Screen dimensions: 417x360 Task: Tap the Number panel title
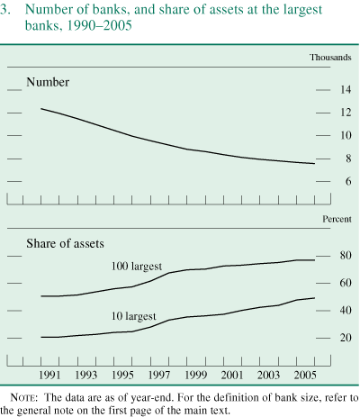click(x=49, y=83)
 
